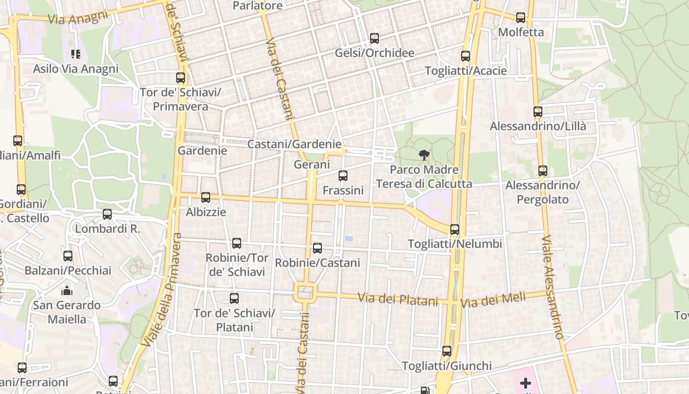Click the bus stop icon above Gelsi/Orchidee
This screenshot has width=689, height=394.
(x=375, y=38)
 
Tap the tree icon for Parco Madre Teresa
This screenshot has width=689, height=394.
(x=424, y=156)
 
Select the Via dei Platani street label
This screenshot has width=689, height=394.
(x=398, y=299)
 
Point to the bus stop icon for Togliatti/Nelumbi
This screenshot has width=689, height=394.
(x=455, y=230)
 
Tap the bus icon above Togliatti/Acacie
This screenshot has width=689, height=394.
(x=466, y=56)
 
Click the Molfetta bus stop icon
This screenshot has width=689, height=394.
(x=521, y=18)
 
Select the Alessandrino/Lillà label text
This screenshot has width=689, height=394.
(x=538, y=126)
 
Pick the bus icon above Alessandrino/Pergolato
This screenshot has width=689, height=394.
(x=543, y=171)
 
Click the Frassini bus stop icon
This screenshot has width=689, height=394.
(x=343, y=176)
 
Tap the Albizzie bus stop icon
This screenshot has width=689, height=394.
(x=206, y=197)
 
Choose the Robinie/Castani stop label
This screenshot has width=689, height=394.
(x=317, y=263)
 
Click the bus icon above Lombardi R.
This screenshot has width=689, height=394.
(x=107, y=214)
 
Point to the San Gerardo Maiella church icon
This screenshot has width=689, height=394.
(x=67, y=291)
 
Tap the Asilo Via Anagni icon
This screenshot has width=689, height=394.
(x=75, y=54)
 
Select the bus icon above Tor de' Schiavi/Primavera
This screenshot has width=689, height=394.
(x=181, y=78)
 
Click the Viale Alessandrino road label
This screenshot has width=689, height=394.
(x=553, y=288)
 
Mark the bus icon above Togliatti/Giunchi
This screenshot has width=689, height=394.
(x=447, y=351)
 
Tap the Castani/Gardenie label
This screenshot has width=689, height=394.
(x=294, y=144)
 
